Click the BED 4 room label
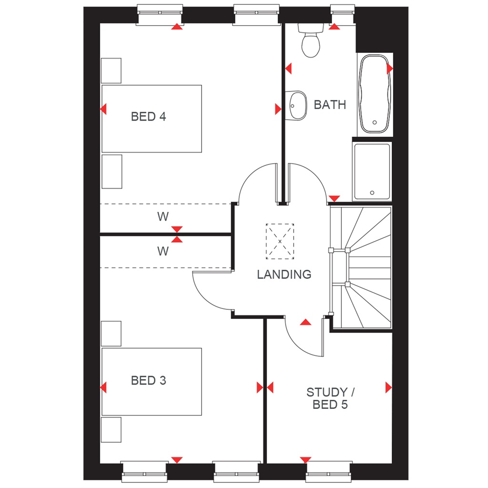(x=148, y=116)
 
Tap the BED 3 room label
(x=148, y=381)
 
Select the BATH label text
(x=330, y=105)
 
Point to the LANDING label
(x=284, y=274)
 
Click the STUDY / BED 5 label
(x=327, y=399)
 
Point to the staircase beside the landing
(x=362, y=267)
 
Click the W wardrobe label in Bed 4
(x=163, y=217)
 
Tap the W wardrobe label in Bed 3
(x=163, y=251)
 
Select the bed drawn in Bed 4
(x=152, y=119)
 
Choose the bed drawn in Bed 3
(x=152, y=381)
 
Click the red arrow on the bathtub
(x=390, y=69)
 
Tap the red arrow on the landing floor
(x=305, y=323)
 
